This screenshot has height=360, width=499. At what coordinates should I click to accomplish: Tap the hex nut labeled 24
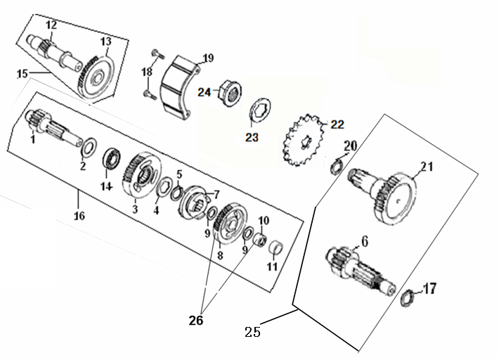click(228, 90)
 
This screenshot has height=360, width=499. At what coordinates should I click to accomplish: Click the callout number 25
click(253, 331)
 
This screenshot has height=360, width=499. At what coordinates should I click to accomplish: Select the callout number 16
click(79, 215)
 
